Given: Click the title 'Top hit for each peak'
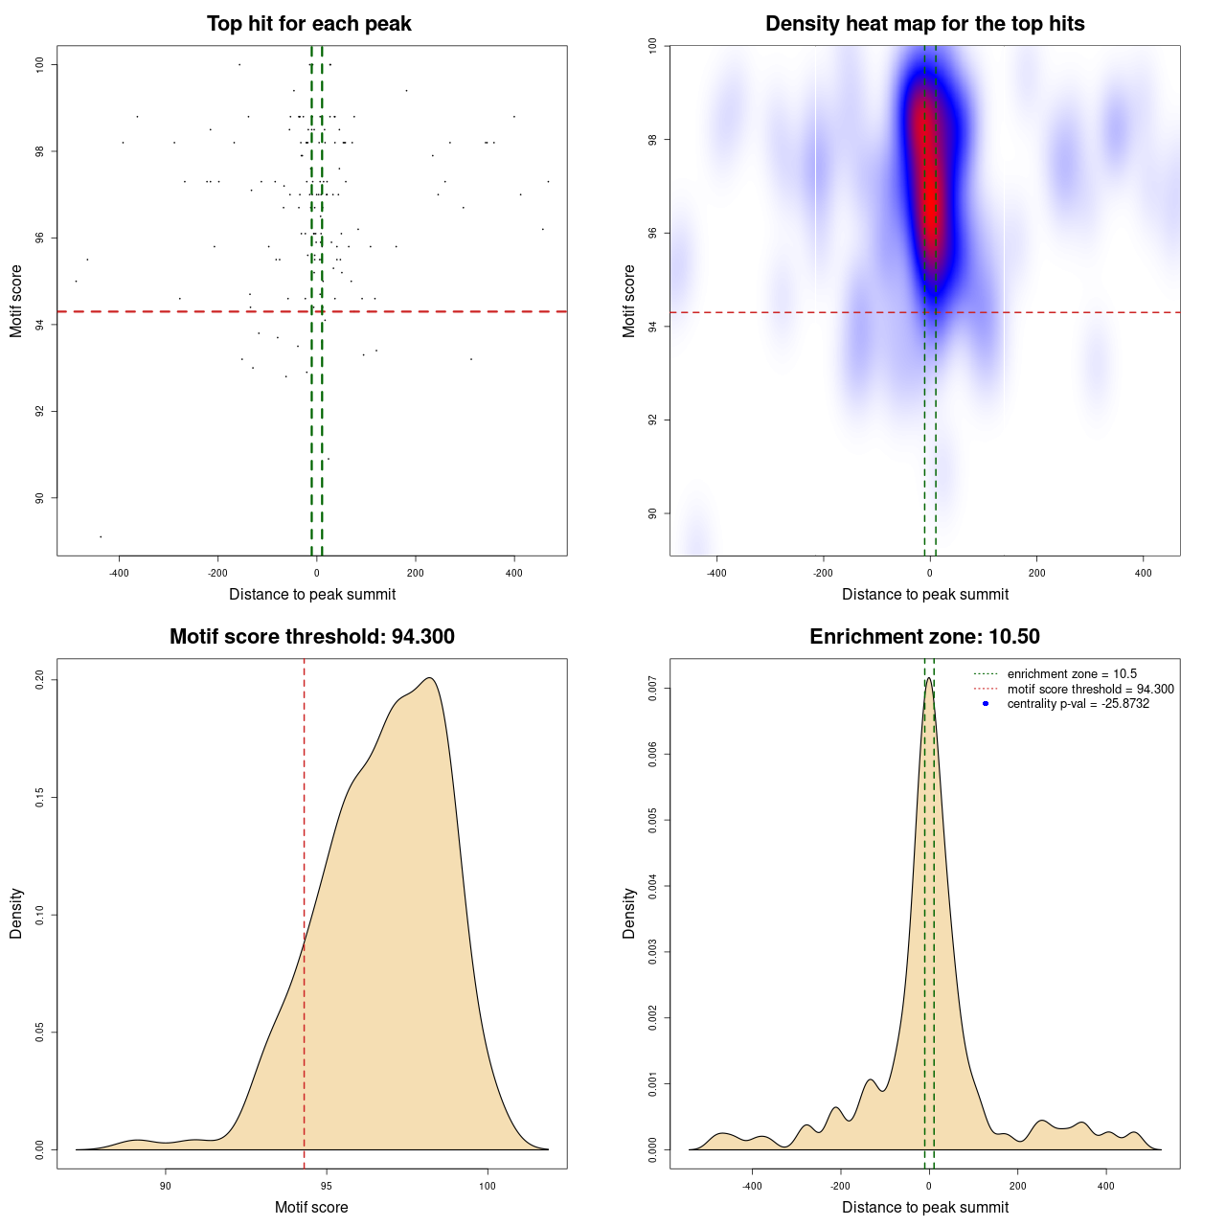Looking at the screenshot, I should coord(309,24).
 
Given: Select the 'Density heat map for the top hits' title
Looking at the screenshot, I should coord(924,24).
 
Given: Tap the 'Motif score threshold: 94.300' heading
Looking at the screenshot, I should coord(311,637).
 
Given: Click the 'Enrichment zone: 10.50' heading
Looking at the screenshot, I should coord(924,637).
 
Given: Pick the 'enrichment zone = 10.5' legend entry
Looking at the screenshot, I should coord(1072,674).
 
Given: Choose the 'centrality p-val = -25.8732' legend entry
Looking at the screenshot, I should coord(1078,704).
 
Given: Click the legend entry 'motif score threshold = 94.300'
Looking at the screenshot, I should coord(1090,690).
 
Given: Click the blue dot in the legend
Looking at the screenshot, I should coord(986,704).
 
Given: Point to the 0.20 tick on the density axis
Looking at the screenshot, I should coord(40,679).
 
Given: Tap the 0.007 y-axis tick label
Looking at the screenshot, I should coord(653,689).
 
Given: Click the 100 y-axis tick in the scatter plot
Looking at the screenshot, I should coord(40,64).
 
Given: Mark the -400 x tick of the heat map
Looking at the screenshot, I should coord(716,573).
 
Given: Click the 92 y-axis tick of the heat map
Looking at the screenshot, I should coord(653,420).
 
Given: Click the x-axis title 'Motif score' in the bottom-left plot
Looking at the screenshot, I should coord(311,1207).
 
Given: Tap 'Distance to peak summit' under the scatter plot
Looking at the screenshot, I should coord(312,594).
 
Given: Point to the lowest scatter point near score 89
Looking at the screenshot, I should coord(101,536).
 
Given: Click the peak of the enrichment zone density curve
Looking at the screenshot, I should coord(929,679).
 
